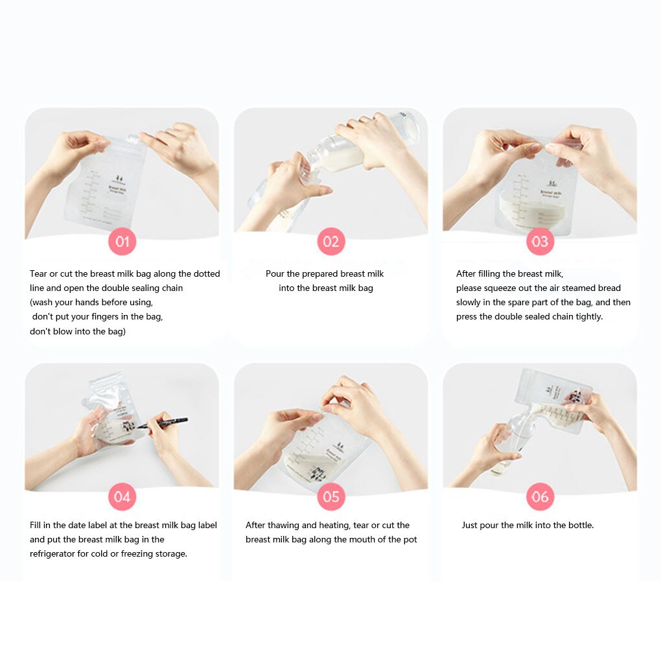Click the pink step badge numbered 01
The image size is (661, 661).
click(x=122, y=242)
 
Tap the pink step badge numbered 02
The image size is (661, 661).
click(x=331, y=242)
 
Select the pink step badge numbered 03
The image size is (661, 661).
click(x=540, y=242)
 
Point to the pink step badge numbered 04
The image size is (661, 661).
click(x=122, y=497)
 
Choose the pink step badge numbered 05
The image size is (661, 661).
click(x=331, y=497)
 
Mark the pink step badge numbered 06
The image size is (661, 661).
click(x=540, y=497)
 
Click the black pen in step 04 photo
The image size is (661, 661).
click(x=165, y=423)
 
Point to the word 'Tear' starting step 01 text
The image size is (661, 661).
click(x=39, y=273)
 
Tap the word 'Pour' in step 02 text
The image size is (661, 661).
click(x=275, y=273)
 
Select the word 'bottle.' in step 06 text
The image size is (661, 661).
click(x=578, y=525)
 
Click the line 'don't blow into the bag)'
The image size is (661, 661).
click(x=78, y=331)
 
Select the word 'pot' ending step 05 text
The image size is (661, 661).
click(x=410, y=539)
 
